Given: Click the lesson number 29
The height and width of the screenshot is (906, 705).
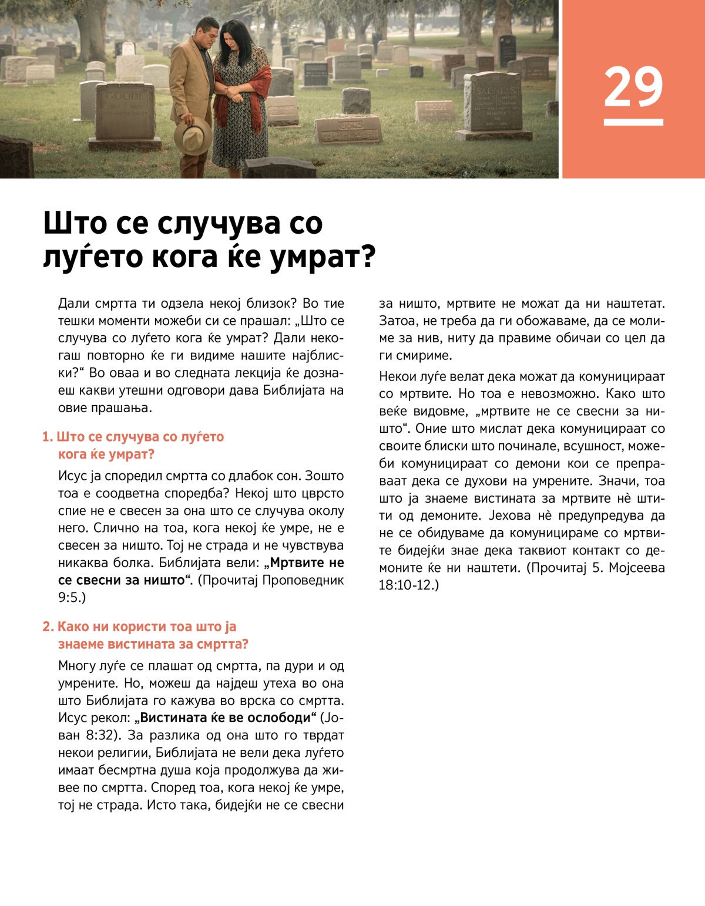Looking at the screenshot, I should pyautogui.click(x=633, y=87).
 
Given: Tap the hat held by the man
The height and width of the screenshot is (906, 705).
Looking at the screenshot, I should pyautogui.click(x=193, y=136).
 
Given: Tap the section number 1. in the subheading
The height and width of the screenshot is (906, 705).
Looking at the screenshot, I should pyautogui.click(x=48, y=437).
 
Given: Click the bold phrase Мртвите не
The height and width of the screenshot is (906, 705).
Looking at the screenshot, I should pyautogui.click(x=305, y=563).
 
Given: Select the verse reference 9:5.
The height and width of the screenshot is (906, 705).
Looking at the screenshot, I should pyautogui.click(x=71, y=597).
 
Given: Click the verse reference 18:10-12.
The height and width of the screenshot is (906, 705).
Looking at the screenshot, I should pyautogui.click(x=408, y=585).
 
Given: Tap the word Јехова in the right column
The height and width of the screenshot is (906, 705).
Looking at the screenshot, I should pyautogui.click(x=511, y=516).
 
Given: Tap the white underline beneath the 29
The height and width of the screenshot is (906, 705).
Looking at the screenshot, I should pyautogui.click(x=633, y=122).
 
